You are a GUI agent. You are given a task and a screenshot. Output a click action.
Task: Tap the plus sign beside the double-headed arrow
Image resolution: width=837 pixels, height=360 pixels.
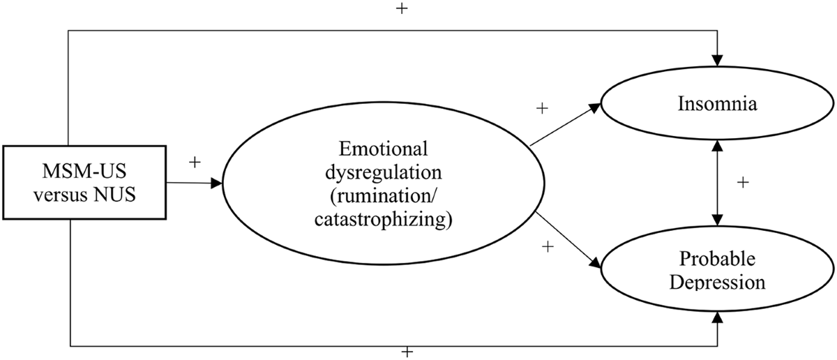point(743,183)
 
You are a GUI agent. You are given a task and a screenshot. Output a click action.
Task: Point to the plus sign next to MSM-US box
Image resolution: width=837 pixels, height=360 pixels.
point(195,162)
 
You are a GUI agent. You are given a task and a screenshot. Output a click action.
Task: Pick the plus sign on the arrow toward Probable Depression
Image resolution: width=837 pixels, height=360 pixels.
point(548,246)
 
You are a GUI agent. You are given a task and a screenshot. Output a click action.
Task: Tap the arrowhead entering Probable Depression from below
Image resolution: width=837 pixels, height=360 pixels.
point(716,318)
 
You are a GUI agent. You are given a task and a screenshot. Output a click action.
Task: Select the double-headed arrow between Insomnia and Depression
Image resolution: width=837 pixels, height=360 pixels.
point(716,183)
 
